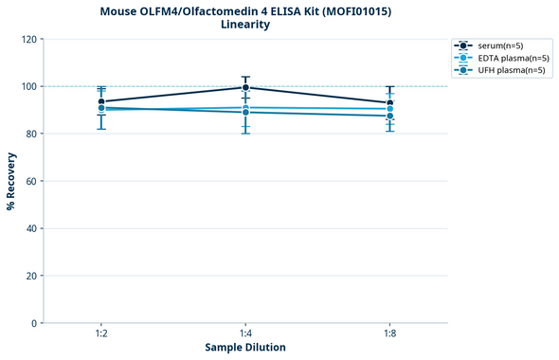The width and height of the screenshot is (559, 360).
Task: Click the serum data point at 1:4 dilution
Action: pos(245,87)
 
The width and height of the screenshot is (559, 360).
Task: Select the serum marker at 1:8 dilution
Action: pos(390,102)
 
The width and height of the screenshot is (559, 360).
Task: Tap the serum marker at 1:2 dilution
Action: pos(101,101)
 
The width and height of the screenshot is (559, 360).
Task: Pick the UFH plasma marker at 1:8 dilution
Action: pos(390,116)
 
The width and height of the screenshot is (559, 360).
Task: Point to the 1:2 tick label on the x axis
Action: pos(101,333)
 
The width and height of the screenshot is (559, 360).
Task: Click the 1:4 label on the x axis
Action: pos(245,333)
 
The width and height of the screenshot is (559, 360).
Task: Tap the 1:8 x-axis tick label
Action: pos(390,333)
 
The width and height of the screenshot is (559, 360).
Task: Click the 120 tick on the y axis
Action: pos(28,40)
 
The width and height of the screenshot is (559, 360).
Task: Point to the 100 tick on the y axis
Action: pos(28,87)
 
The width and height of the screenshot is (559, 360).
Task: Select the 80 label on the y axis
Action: pos(31,134)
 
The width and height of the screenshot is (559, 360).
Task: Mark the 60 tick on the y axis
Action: pos(31,181)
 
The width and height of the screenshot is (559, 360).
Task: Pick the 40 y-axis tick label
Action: pos(31,228)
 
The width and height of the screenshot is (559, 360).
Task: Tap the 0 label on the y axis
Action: pos(34,323)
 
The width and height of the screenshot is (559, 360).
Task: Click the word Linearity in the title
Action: pos(245,25)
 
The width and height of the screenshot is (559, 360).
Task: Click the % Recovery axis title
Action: pos(11,181)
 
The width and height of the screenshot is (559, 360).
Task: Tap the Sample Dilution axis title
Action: pos(245,348)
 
